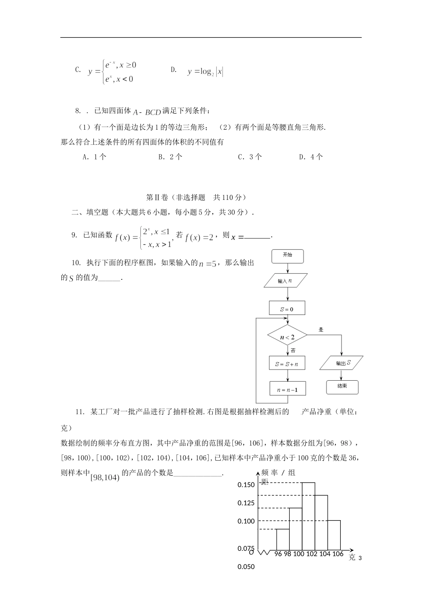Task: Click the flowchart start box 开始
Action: [287, 256]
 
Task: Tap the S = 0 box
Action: [287, 308]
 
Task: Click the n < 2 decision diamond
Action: [287, 337]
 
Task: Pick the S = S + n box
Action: [287, 363]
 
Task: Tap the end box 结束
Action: [342, 386]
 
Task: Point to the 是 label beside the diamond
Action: [321, 330]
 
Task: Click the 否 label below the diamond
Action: [293, 350]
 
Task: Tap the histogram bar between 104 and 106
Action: [334, 535]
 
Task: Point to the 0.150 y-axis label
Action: [246, 485]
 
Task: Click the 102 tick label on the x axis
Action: [312, 554]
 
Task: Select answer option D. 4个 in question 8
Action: [311, 157]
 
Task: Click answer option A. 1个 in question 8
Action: [95, 157]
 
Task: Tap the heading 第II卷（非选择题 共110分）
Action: [196, 198]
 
